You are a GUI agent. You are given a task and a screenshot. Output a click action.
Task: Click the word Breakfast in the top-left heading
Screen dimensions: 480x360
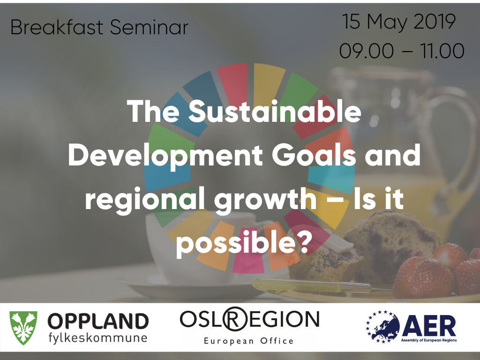point(57,27)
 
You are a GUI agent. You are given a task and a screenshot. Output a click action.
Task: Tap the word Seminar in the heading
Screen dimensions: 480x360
point(149,27)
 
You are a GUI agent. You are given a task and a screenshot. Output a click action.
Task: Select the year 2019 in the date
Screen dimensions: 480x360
point(435,22)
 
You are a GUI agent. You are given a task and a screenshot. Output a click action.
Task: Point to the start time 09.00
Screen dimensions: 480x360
point(367,51)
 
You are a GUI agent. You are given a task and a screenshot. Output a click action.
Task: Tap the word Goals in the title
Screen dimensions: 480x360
point(314,155)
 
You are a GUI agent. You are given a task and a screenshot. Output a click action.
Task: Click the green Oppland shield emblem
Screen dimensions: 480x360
point(23,328)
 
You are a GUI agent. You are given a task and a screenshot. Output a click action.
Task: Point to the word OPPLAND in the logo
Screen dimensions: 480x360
point(98,322)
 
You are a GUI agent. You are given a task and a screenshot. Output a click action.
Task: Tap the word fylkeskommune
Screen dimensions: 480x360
point(98,338)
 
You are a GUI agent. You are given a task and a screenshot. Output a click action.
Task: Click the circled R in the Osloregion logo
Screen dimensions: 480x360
point(235,319)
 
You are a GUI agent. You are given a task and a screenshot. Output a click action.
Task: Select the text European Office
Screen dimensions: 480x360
point(249,341)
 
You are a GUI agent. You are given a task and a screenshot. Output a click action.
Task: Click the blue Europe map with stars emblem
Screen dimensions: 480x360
point(383,327)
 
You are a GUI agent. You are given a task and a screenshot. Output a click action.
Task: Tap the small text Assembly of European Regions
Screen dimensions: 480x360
point(429,340)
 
